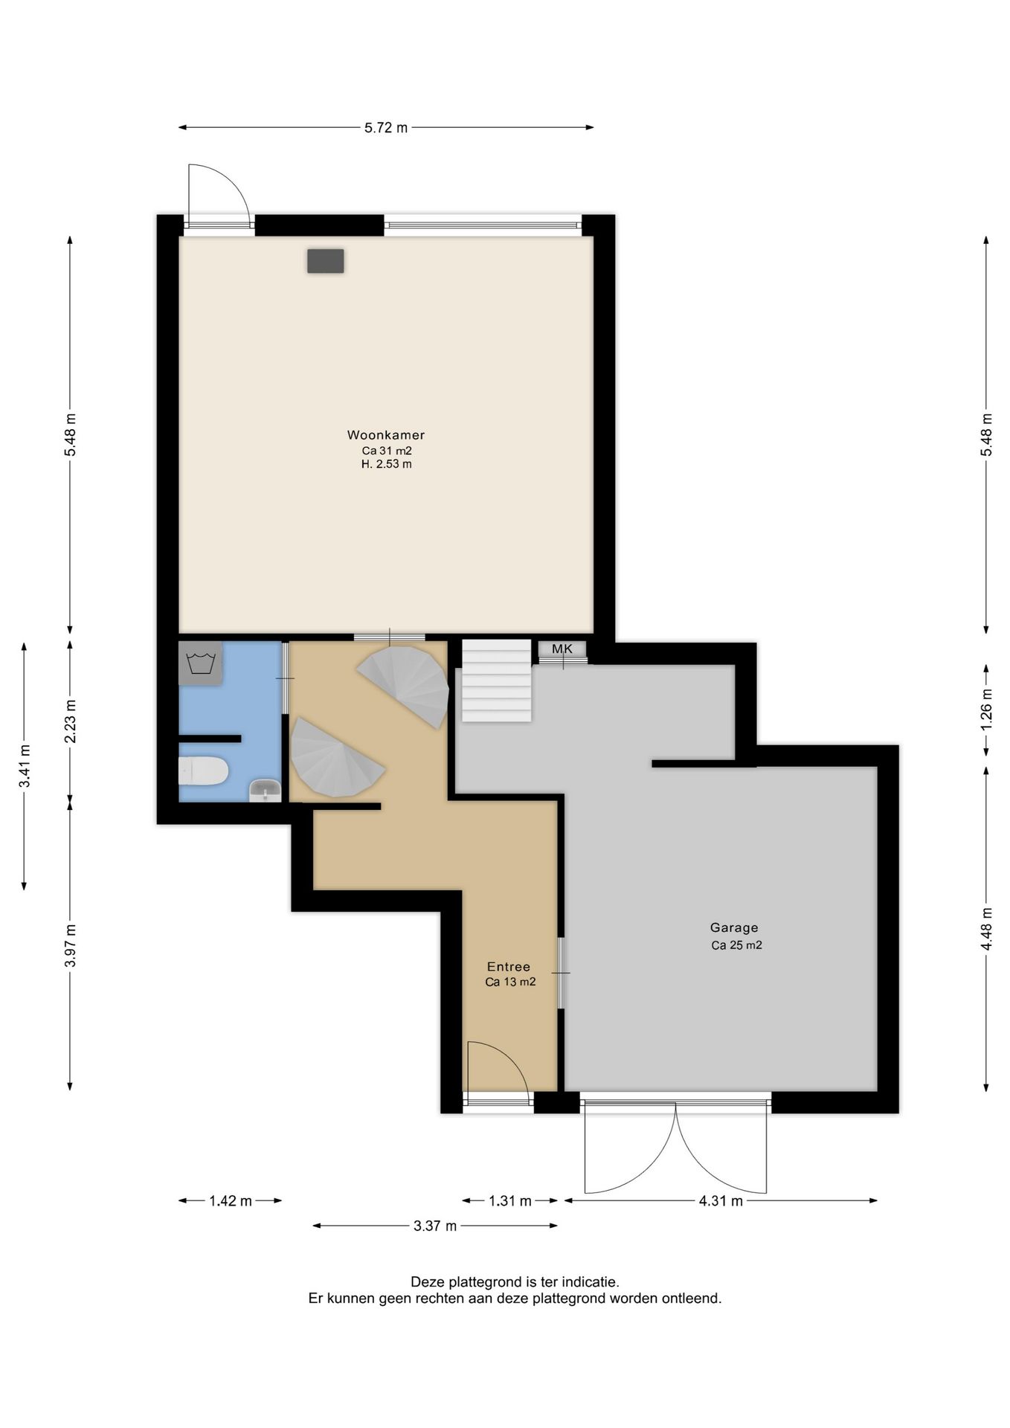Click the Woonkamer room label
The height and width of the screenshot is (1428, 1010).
coord(385,435)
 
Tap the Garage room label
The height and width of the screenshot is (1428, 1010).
coord(734,927)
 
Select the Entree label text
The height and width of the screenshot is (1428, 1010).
coord(509,967)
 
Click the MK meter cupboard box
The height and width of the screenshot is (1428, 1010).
coord(562,649)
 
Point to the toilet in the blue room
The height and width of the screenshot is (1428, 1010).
coord(203,771)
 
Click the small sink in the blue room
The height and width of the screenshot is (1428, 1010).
coord(265,790)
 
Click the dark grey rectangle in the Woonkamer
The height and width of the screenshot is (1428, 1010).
coord(326,261)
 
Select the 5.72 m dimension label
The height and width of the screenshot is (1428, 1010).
coord(386,128)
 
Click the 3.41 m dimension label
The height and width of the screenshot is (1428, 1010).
coord(25,765)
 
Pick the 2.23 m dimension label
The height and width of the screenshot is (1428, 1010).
coord(70,721)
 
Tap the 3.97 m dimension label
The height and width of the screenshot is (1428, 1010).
coord(70,945)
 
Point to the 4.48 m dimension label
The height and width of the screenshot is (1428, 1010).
coord(987,928)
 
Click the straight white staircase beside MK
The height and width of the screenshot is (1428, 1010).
coord(497,681)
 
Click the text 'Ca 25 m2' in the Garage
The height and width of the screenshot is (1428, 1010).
coord(736,945)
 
